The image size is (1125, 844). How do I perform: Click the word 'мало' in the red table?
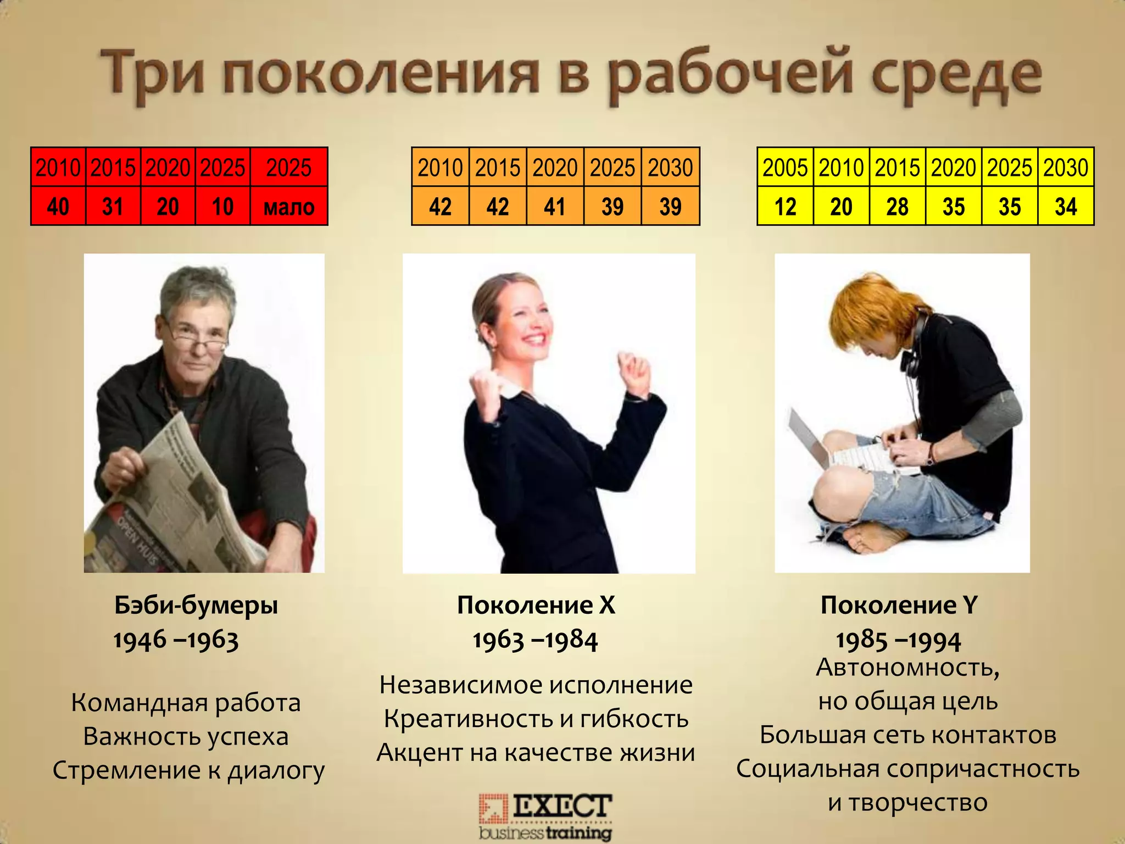[289, 207]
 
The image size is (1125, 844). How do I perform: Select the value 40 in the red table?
[58, 207]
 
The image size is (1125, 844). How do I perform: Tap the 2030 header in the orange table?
[670, 168]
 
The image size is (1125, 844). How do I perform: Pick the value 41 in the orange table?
[555, 207]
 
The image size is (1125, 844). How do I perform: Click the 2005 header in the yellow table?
[785, 168]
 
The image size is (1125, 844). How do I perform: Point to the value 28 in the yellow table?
[898, 207]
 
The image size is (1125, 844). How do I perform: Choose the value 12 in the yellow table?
[785, 207]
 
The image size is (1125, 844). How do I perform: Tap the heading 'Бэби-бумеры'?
[196, 605]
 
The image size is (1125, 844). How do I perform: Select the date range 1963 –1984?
[535, 640]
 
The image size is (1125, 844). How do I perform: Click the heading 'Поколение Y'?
[899, 605]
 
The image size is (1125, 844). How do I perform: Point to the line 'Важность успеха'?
[186, 736]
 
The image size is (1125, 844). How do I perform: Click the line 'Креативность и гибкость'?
[536, 719]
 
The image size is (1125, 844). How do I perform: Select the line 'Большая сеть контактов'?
[908, 735]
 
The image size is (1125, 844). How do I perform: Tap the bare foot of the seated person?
[868, 536]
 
